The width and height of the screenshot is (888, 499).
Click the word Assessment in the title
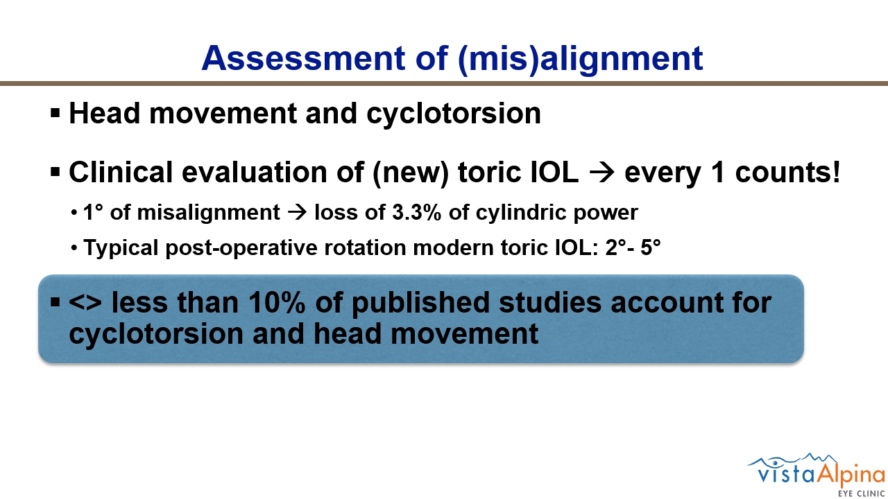(303, 58)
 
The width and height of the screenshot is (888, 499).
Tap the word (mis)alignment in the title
(581, 60)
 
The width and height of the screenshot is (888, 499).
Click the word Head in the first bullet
(105, 113)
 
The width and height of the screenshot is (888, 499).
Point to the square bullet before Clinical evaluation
(55, 173)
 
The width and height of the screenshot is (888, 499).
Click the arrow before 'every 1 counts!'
(601, 173)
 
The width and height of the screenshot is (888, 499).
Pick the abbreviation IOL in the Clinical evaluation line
(554, 173)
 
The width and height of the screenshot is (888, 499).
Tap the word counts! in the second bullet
(787, 173)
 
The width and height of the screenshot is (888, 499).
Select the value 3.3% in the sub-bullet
(417, 212)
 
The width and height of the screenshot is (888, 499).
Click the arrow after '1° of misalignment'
(297, 213)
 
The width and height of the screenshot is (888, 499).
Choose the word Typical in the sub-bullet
(121, 248)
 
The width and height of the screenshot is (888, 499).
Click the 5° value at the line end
(651, 247)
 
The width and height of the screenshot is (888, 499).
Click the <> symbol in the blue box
(85, 303)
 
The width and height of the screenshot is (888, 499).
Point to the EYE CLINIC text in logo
(861, 494)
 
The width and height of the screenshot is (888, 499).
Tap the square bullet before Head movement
(55, 113)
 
